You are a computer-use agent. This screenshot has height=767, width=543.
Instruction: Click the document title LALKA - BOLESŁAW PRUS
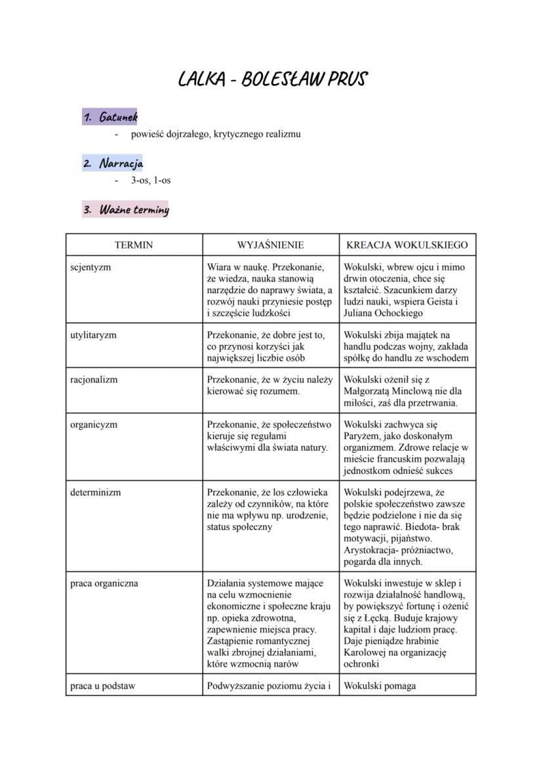(272, 79)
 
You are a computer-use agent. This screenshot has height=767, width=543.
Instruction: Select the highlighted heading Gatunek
(110, 117)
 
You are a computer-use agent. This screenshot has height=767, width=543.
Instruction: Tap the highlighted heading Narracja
(113, 163)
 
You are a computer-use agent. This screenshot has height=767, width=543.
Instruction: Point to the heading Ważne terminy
(125, 210)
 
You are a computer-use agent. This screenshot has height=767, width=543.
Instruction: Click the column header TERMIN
(133, 245)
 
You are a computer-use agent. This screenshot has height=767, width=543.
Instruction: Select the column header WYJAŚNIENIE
(270, 245)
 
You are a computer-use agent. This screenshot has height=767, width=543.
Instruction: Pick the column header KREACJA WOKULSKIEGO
(407, 245)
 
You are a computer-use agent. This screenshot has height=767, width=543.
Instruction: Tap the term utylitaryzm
(93, 335)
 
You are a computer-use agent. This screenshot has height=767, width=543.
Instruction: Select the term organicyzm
(94, 425)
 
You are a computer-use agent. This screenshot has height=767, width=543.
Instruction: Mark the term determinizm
(96, 492)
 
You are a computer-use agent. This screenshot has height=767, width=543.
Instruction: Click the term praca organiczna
(104, 583)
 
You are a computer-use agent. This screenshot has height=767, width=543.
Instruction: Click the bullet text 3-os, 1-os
(151, 180)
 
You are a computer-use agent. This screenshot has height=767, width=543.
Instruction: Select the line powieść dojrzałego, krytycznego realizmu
(216, 135)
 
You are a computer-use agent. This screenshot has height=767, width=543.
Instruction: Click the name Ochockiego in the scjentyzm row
(399, 313)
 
